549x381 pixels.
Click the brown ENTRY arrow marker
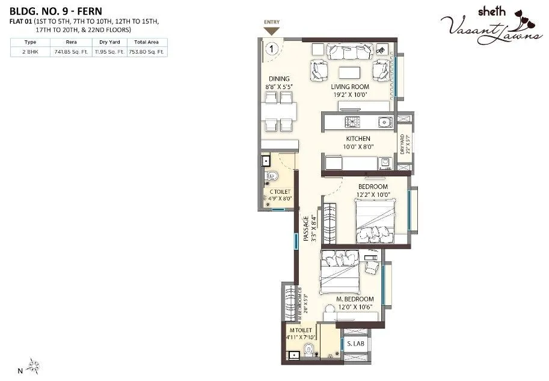272,31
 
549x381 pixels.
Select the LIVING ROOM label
349,87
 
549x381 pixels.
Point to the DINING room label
279,79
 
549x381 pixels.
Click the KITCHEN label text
358,138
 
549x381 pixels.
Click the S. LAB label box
354,344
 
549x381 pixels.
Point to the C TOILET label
280,192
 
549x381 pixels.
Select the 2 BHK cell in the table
29,52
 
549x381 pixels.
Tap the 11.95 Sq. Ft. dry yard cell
109,52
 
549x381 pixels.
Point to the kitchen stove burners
352,122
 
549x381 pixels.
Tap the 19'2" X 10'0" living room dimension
349,94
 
